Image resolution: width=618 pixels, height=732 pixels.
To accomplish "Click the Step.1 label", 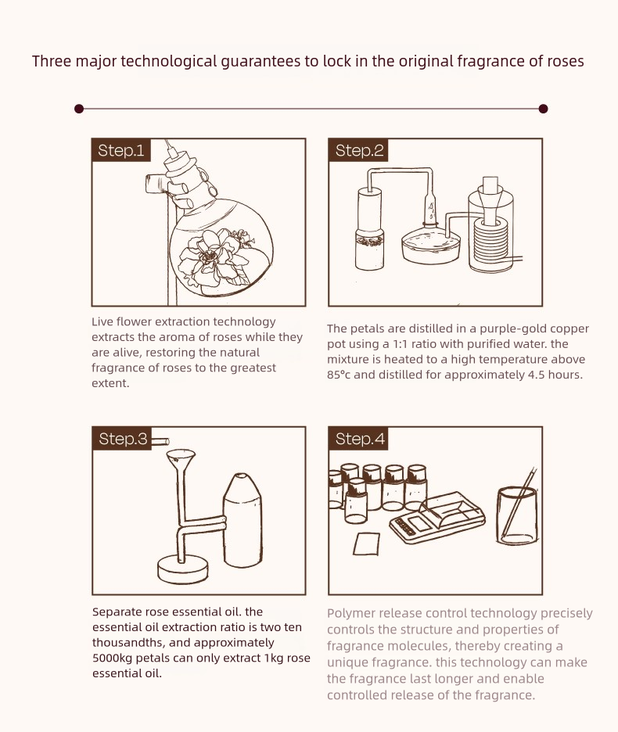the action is (x=121, y=150).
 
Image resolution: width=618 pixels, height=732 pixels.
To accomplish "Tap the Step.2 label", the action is (x=358, y=150).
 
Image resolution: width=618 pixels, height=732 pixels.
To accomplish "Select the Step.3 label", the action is (x=122, y=439).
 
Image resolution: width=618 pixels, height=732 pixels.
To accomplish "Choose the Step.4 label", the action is (x=359, y=439).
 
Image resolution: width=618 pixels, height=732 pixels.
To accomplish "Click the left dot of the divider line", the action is (x=79, y=109).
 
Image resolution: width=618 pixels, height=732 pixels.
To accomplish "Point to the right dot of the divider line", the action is (x=543, y=109).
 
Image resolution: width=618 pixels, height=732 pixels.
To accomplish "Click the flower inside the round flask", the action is (x=214, y=259).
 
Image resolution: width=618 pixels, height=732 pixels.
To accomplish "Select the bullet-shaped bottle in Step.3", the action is (x=243, y=521).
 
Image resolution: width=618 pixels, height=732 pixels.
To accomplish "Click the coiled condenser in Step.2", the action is (x=491, y=242).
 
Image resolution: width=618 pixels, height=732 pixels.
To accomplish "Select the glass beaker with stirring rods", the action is (x=517, y=515).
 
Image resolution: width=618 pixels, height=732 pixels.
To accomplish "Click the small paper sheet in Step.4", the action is (x=366, y=544).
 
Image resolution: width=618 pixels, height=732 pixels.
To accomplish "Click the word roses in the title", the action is (x=566, y=61).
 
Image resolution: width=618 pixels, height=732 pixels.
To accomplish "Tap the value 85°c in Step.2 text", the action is (x=339, y=375).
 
